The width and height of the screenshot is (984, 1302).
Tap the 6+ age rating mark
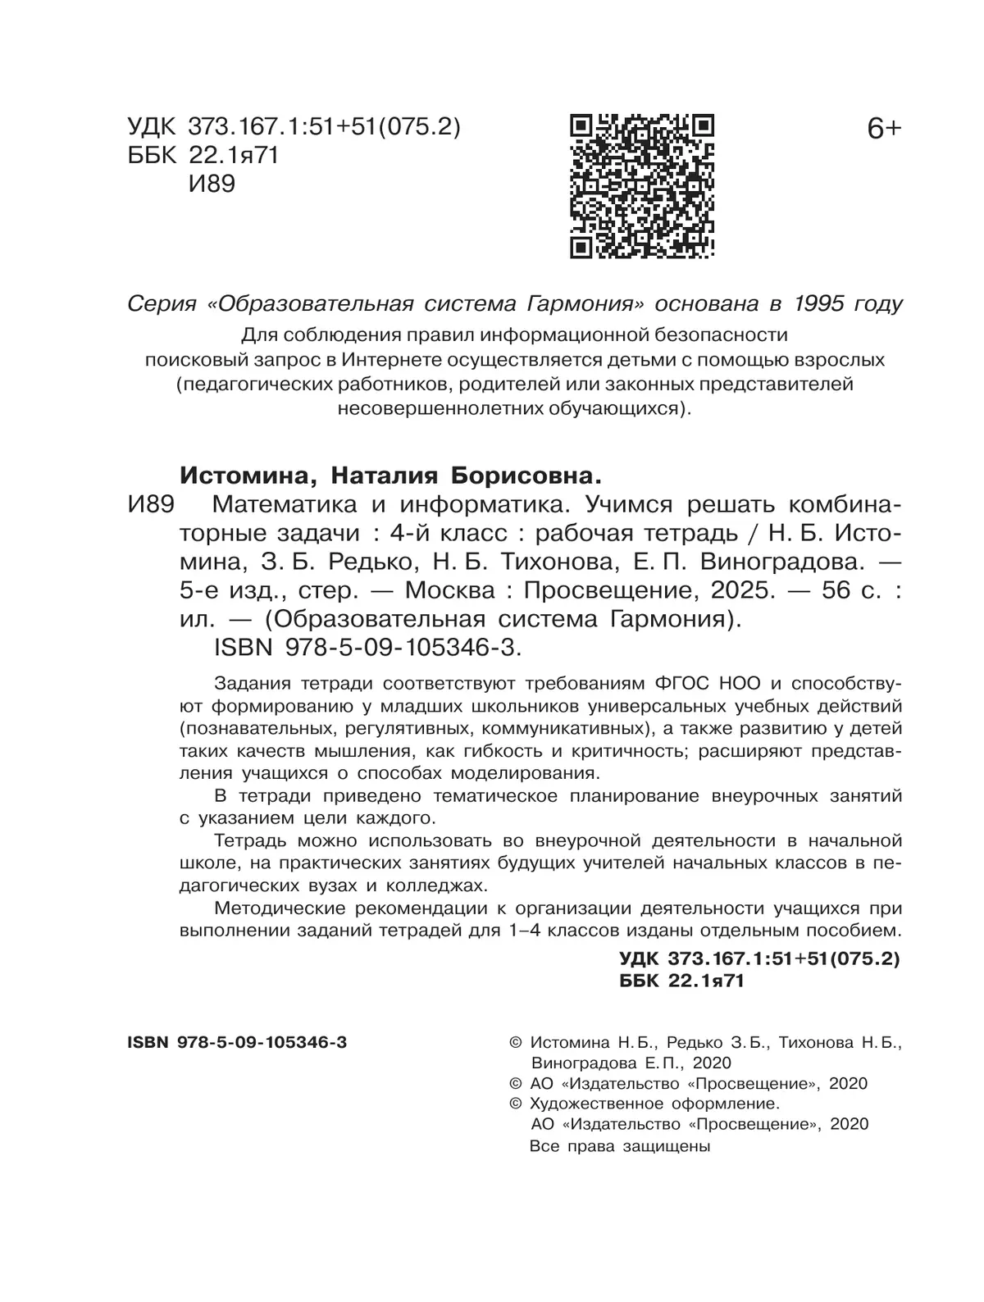(x=882, y=130)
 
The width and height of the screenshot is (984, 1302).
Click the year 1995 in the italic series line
(x=820, y=304)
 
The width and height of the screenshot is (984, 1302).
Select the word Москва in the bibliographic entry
(x=450, y=590)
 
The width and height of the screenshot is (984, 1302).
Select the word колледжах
(x=435, y=885)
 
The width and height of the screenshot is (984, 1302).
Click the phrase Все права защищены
(x=620, y=1145)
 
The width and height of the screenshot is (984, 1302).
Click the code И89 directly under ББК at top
(x=212, y=184)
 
